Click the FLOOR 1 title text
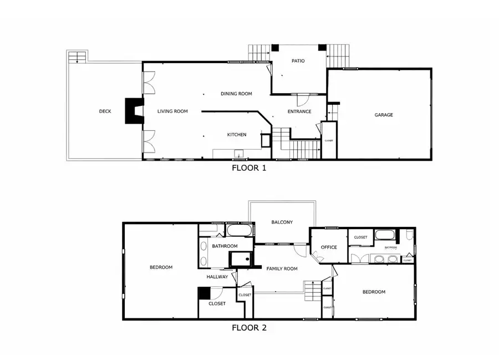[248, 168]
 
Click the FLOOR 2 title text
[249, 328]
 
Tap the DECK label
[105, 111]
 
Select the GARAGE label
[384, 115]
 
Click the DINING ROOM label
[237, 94]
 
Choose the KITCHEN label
[237, 135]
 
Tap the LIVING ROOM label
[172, 111]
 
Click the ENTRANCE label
[299, 111]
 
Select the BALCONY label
[282, 222]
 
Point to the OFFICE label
[329, 247]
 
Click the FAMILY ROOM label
[282, 269]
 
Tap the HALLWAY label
[217, 277]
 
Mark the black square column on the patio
[274, 48]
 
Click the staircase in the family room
[313, 290]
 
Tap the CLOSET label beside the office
[360, 237]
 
